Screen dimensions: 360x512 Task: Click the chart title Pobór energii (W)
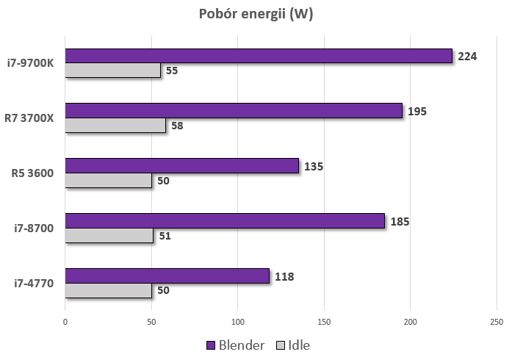pos(256,15)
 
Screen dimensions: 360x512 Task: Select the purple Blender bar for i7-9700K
pos(259,56)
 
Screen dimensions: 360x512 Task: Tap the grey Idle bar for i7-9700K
pos(112,71)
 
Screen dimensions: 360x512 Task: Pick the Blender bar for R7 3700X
pos(234,111)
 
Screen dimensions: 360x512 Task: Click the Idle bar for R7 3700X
pos(115,126)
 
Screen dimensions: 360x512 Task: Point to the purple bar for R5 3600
pos(181,165)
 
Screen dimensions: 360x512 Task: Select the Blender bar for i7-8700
pos(225,220)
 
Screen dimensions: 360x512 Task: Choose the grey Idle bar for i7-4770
pos(108,290)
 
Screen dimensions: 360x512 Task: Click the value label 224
pos(467,56)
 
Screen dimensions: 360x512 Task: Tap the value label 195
pos(417,112)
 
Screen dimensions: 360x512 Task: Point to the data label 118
pos(284,276)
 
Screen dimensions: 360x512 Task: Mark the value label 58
pos(177,126)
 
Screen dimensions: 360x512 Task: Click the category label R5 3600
pos(33,173)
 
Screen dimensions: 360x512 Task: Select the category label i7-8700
pos(34,228)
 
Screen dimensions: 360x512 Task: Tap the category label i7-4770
pos(34,284)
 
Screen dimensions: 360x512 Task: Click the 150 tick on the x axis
pos(324,321)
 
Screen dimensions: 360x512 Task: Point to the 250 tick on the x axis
pos(497,321)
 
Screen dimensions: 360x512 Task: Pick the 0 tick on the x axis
pos(65,321)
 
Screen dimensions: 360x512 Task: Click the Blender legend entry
pos(236,345)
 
